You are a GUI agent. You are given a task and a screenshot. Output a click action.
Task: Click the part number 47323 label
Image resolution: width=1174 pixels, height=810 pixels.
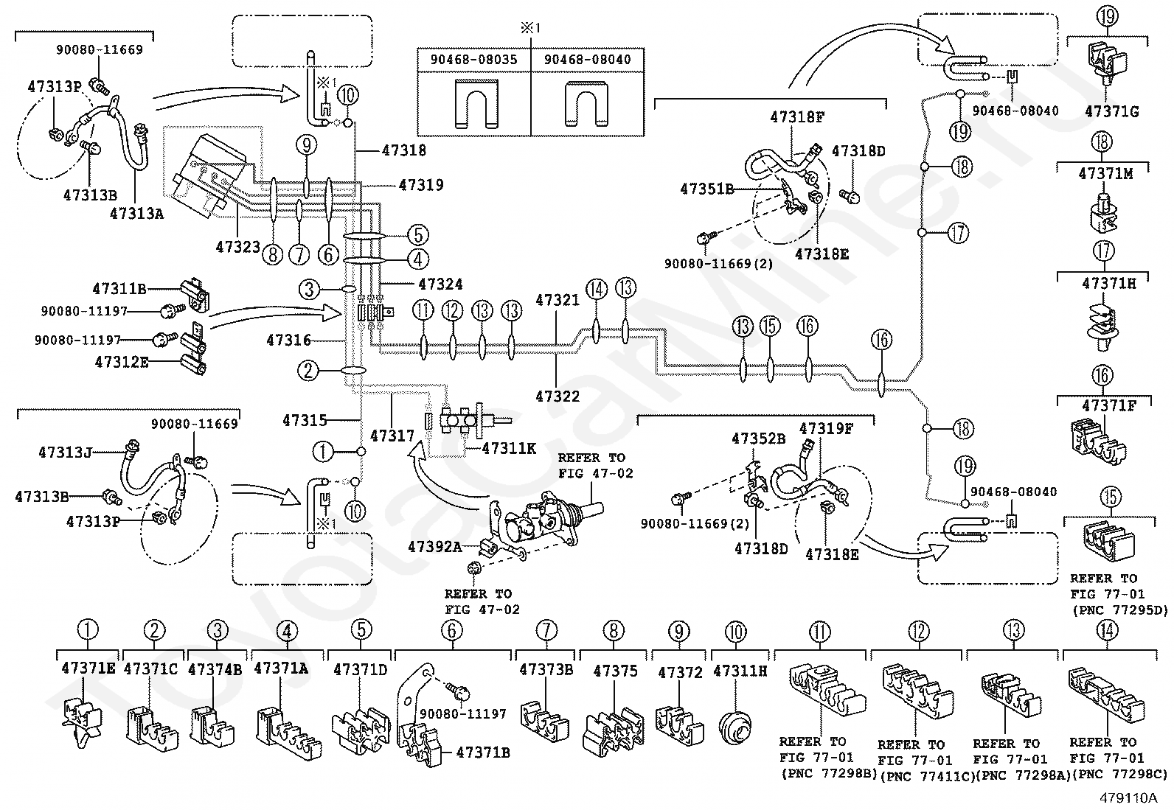tap(237, 246)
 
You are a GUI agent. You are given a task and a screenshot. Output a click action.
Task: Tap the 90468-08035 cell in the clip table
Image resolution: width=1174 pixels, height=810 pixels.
tap(473, 59)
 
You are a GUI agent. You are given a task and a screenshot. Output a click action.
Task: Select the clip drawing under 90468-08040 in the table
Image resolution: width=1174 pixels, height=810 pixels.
tap(587, 104)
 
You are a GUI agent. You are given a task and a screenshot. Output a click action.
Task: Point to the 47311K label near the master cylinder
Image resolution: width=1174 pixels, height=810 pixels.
tap(509, 449)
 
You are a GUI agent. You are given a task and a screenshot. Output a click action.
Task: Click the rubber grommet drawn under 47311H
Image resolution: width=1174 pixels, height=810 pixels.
tap(735, 727)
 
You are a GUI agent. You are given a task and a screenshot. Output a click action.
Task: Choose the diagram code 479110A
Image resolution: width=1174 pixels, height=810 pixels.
tap(1128, 797)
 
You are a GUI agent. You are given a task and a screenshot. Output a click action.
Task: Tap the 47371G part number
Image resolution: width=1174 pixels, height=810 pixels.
tap(1111, 111)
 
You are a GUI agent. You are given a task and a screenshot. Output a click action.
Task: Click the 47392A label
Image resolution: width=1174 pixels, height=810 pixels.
tap(435, 547)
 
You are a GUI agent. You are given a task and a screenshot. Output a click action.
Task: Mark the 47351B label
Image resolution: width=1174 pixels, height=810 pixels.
tap(706, 189)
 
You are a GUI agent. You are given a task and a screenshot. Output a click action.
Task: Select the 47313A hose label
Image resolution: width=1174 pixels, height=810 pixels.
tap(136, 213)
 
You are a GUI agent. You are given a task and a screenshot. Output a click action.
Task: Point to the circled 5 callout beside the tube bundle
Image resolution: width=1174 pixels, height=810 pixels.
tap(417, 234)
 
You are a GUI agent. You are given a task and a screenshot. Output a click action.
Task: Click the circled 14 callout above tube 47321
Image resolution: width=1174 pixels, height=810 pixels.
tap(597, 289)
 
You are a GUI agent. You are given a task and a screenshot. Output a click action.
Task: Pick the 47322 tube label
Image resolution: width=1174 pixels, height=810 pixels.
tap(558, 396)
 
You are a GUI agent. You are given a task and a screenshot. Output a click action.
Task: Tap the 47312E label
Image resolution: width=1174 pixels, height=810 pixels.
tap(122, 362)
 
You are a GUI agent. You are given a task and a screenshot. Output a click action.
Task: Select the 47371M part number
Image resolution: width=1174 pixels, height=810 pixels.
tap(1106, 174)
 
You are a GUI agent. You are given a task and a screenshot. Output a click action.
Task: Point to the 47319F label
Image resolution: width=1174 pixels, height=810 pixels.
tap(826, 428)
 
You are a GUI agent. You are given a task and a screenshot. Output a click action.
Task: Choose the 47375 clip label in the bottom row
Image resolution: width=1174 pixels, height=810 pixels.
tap(616, 671)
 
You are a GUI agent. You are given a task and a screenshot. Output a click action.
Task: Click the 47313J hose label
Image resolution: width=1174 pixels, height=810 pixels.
tap(66, 452)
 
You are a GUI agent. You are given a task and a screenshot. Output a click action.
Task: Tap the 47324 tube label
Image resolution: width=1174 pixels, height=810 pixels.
tap(440, 284)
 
